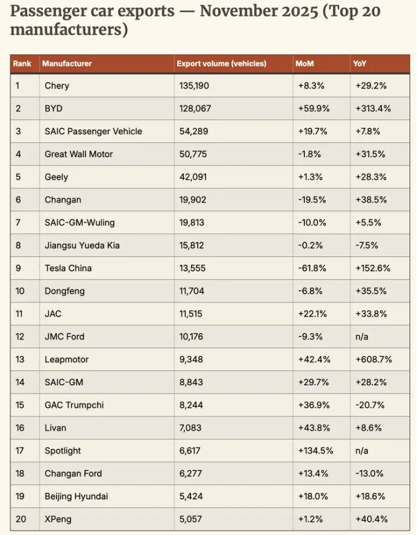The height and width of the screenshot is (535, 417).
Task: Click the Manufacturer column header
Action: point(67,63)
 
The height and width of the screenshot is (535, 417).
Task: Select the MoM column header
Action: point(304,63)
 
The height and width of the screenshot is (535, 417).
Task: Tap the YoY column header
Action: point(360,63)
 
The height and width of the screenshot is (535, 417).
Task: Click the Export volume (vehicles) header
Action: point(221,63)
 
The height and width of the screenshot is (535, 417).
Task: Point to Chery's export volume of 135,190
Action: point(194,85)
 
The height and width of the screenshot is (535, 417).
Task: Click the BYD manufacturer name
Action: point(54,108)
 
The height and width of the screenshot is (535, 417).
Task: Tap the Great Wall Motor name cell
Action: point(78,154)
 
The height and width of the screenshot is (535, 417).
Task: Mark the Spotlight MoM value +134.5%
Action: point(315,450)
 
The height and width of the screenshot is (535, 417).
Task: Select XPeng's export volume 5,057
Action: point(190,519)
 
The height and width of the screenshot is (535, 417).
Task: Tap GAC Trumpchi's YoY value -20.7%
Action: point(369,405)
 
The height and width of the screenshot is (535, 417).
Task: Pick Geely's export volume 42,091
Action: point(192,177)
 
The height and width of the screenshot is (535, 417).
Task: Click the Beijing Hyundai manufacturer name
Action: point(77,496)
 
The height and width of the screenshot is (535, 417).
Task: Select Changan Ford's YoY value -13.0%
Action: point(369,473)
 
